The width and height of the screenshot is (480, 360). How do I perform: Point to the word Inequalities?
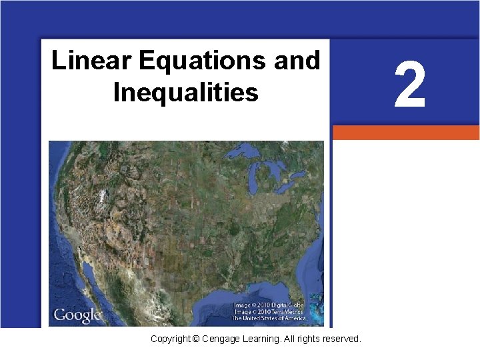(x=186, y=92)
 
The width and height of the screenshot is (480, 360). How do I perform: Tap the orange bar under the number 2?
(x=405, y=133)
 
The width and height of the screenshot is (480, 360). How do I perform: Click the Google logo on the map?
(x=77, y=315)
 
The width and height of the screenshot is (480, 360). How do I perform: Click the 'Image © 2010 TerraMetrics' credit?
(x=268, y=311)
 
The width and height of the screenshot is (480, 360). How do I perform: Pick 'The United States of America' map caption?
(x=269, y=318)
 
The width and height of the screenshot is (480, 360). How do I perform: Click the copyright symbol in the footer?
(x=195, y=339)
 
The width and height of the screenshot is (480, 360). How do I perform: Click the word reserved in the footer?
(x=340, y=339)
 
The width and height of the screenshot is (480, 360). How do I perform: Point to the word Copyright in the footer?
(x=171, y=339)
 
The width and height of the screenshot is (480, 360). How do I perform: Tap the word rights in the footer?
(x=306, y=339)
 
